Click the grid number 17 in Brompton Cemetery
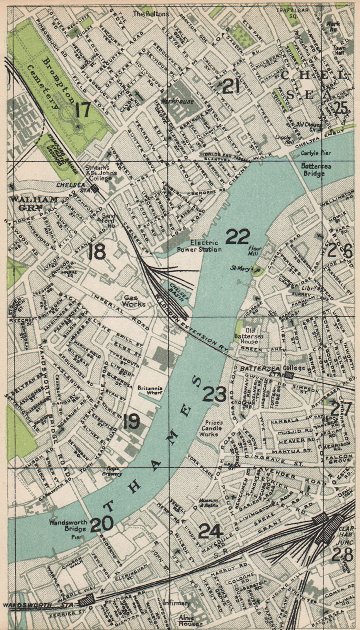tap(83, 110)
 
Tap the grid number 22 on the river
tap(238, 237)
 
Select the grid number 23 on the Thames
tap(214, 394)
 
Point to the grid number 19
tap(131, 422)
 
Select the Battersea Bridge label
tap(316, 169)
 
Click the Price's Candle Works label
tap(212, 428)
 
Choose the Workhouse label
tap(180, 101)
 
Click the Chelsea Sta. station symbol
tap(95, 189)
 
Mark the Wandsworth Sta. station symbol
tap(86, 601)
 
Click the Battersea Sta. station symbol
tap(289, 375)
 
